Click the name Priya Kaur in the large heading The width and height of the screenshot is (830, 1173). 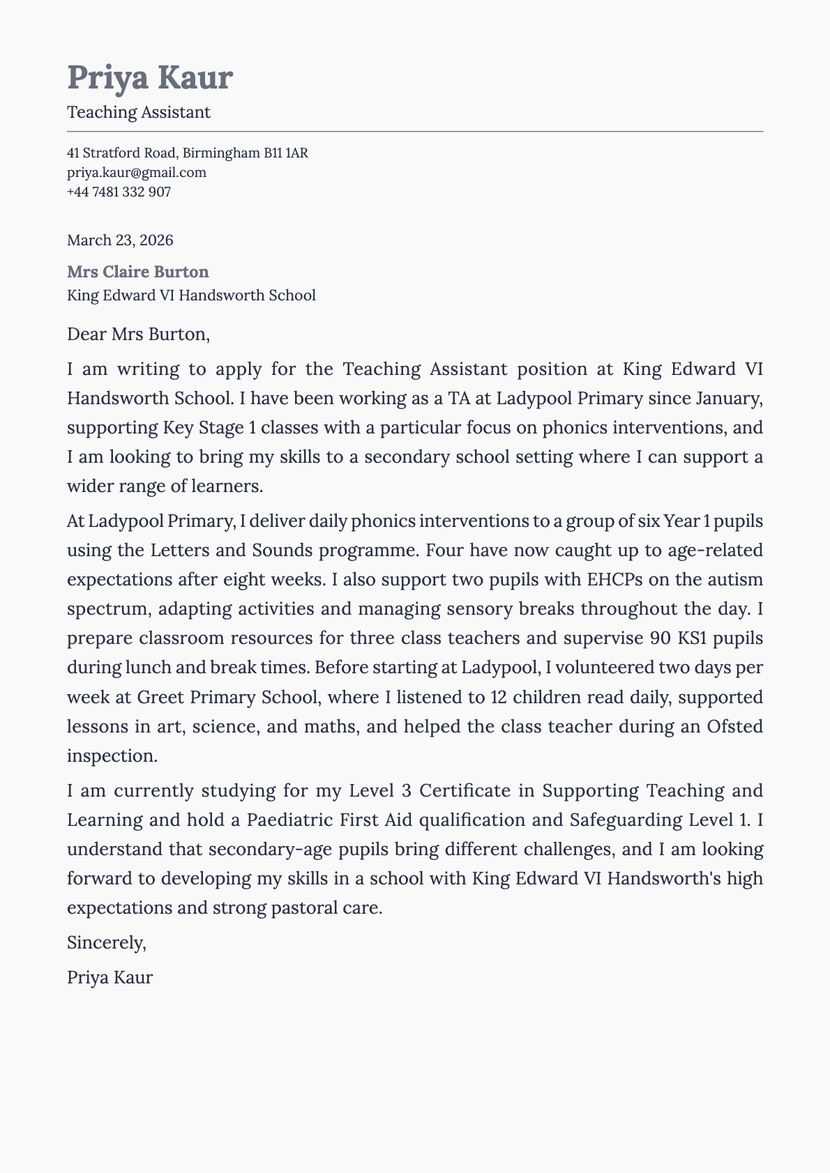(150, 77)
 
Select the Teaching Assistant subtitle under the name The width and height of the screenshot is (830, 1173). (138, 112)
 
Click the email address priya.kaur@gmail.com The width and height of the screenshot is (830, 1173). (137, 172)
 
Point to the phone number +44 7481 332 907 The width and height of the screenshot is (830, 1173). (119, 192)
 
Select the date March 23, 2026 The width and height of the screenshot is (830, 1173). (120, 240)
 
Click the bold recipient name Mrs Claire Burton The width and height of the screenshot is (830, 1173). (137, 272)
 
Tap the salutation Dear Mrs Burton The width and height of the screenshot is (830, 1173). (138, 335)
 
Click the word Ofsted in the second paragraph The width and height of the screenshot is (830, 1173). (734, 727)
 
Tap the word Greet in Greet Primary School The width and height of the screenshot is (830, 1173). (160, 698)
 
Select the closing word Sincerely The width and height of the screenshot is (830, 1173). (106, 943)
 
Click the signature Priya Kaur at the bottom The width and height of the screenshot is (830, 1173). (110, 977)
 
